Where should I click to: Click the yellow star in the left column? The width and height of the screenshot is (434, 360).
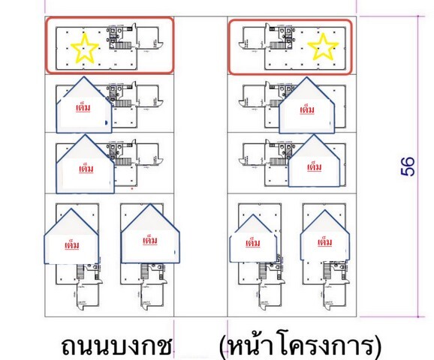(85, 48)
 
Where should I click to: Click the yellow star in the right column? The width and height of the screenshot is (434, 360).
(323, 46)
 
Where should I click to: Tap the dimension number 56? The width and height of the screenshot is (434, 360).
(408, 166)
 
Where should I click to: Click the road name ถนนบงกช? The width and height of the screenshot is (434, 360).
(116, 346)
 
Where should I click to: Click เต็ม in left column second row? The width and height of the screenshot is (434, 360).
(83, 107)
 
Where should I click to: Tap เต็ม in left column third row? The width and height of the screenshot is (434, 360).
(86, 169)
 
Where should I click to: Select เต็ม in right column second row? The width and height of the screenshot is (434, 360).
(307, 110)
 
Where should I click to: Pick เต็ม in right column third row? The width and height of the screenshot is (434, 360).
(314, 167)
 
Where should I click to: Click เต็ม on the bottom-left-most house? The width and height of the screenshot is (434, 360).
(71, 245)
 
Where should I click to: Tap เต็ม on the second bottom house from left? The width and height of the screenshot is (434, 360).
(150, 241)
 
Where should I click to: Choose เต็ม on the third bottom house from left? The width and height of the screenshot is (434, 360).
(253, 243)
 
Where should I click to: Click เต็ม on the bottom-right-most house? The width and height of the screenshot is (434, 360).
(324, 242)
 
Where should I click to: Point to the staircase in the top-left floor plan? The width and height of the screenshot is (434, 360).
(123, 46)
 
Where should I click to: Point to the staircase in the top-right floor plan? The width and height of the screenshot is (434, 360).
(277, 45)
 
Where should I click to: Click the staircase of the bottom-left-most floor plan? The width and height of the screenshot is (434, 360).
(80, 271)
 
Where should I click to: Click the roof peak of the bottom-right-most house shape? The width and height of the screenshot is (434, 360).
(324, 211)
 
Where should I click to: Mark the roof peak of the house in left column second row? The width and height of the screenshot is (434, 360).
(83, 77)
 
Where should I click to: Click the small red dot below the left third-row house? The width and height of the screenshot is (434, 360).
(132, 189)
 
